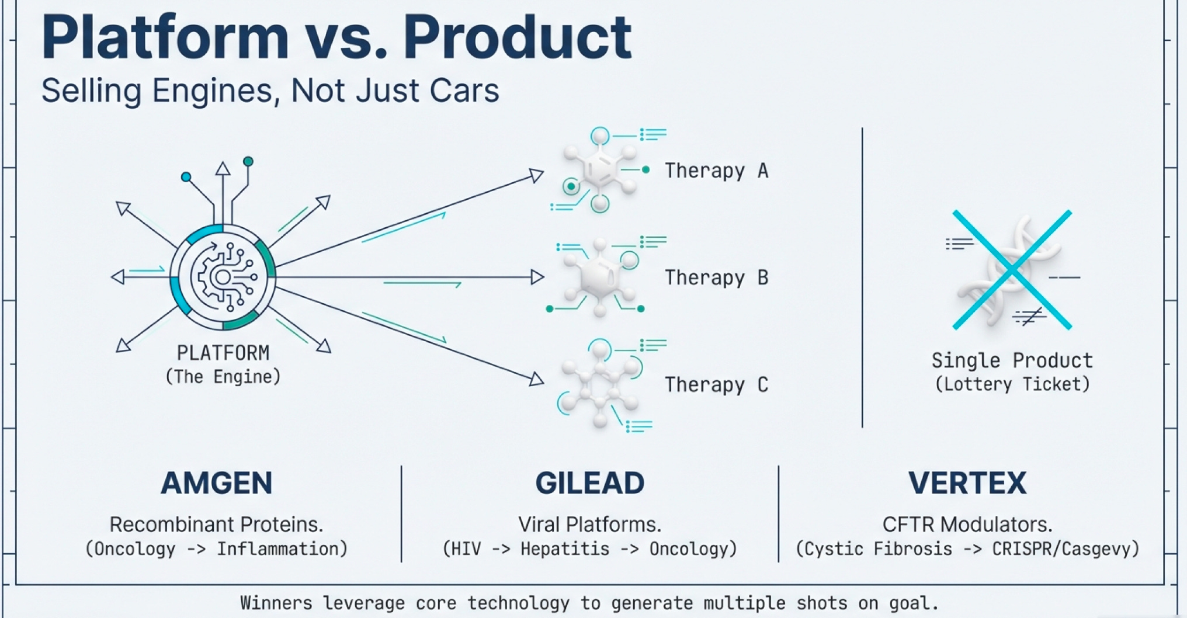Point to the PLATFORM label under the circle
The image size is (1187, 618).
(x=223, y=353)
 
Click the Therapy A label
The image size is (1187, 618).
(x=716, y=171)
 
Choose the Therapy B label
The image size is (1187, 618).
(x=716, y=277)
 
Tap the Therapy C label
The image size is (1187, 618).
(x=716, y=384)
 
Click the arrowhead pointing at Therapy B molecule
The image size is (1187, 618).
(x=537, y=277)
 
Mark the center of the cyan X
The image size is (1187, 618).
(x=1012, y=269)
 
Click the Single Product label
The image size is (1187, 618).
(x=1012, y=360)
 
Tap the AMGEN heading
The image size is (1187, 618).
(x=217, y=483)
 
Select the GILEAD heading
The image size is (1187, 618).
(x=589, y=483)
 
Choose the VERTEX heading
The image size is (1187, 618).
(x=967, y=483)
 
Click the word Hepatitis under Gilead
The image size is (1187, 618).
(x=564, y=549)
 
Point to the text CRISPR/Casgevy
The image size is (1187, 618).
(x=1065, y=549)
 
